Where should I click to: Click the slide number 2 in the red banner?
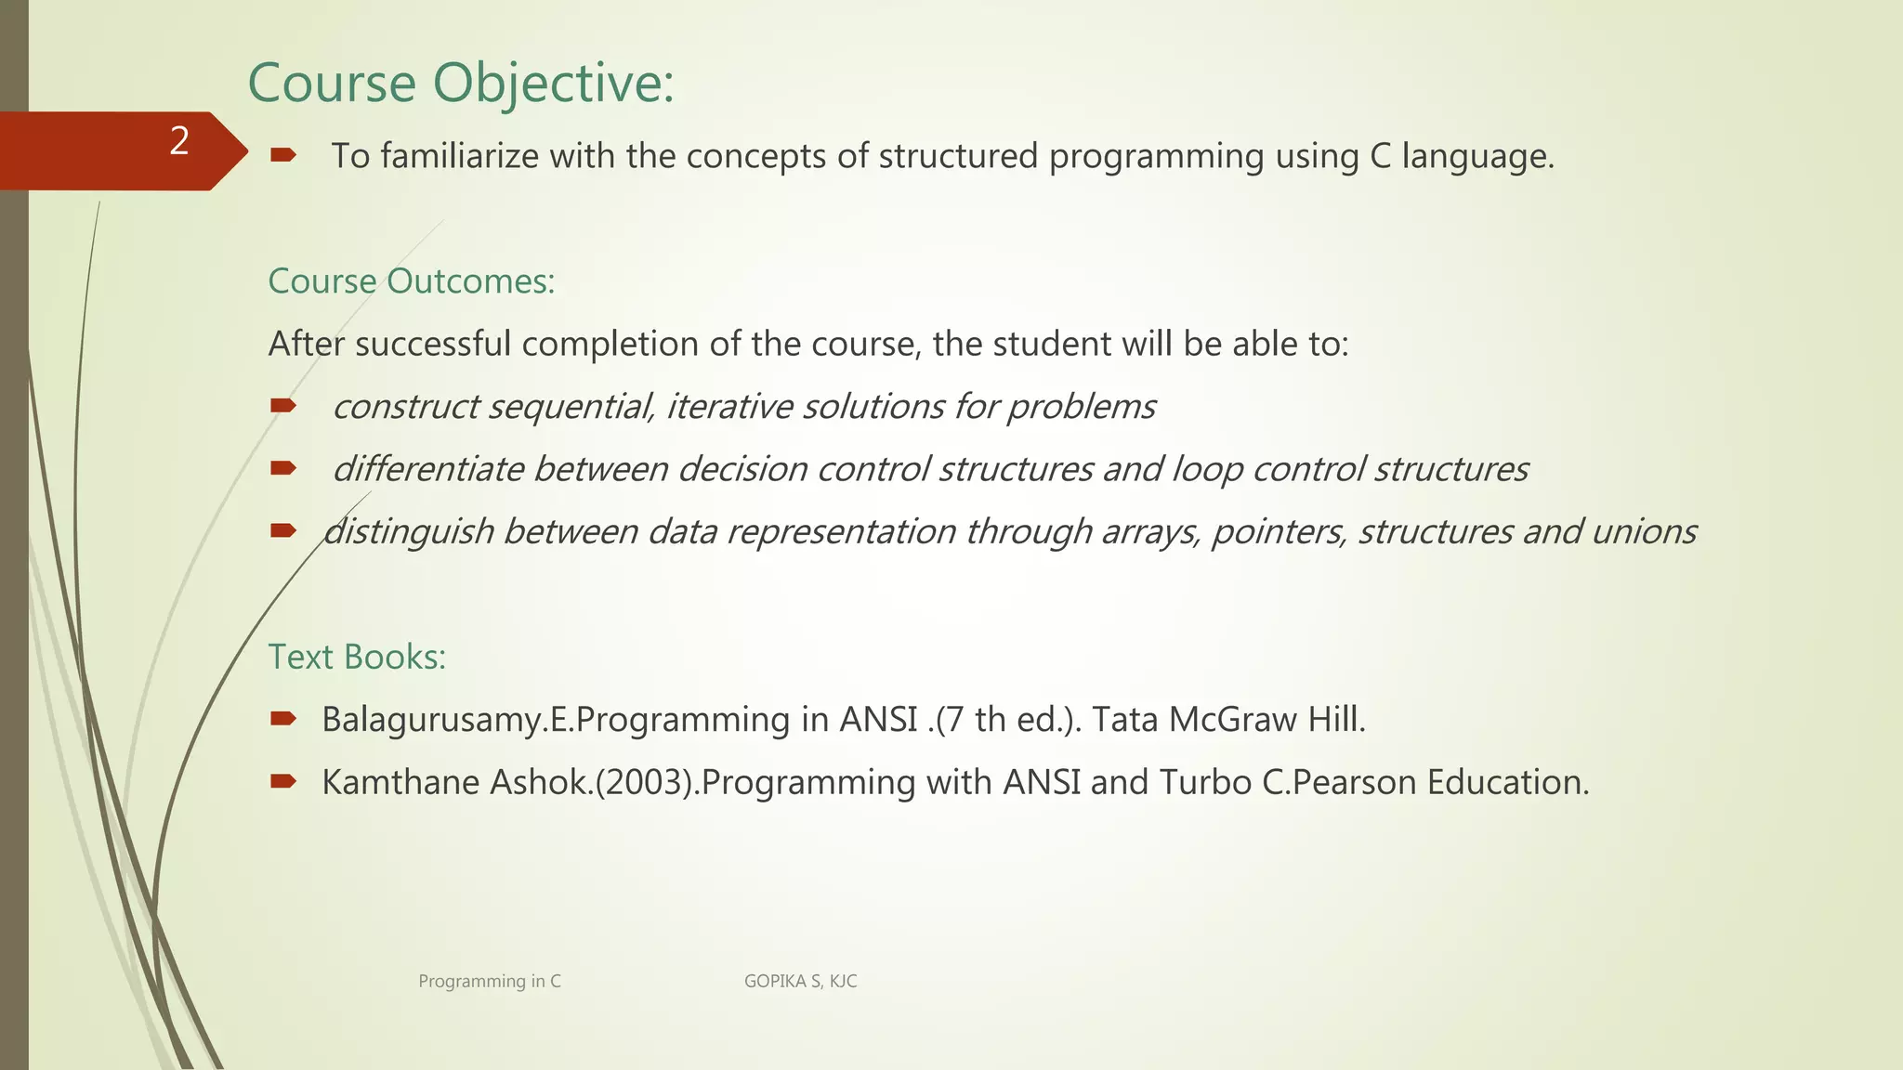click(x=179, y=142)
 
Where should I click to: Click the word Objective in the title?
click(x=554, y=84)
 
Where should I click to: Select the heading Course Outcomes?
click(x=411, y=281)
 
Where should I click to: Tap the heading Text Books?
click(x=357, y=657)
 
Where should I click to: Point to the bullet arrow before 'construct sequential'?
click(x=282, y=405)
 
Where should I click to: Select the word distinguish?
click(x=408, y=532)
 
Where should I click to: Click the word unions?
click(x=1644, y=532)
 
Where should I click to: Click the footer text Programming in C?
click(x=490, y=981)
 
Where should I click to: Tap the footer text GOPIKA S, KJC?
click(x=800, y=981)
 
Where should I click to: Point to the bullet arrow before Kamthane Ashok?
click(x=282, y=781)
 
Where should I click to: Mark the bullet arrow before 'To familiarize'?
click(x=282, y=155)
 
